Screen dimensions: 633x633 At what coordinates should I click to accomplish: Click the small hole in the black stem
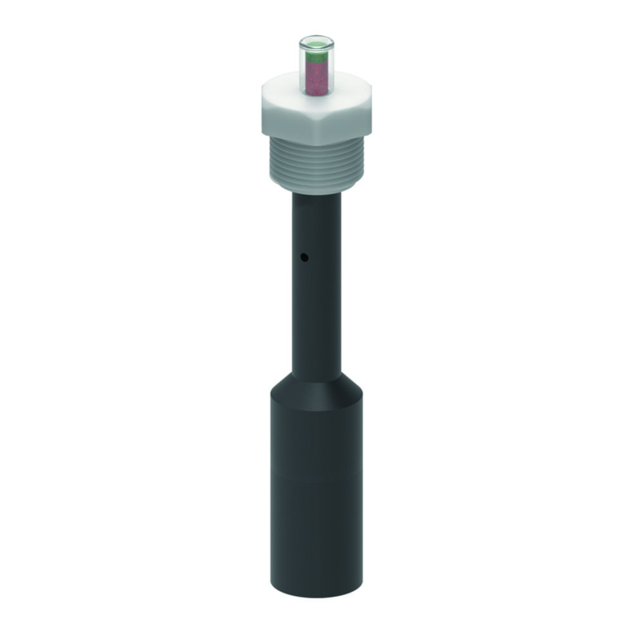tap(304, 258)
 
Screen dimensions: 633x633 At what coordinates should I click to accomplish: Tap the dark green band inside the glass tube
tap(316, 58)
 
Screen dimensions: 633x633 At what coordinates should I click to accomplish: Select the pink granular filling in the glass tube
tap(316, 79)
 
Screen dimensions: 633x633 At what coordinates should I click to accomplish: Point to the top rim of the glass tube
tap(316, 39)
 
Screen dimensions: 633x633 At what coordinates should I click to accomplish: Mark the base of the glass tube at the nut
tap(316, 95)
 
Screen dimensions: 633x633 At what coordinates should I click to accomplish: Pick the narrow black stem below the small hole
tap(316, 316)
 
